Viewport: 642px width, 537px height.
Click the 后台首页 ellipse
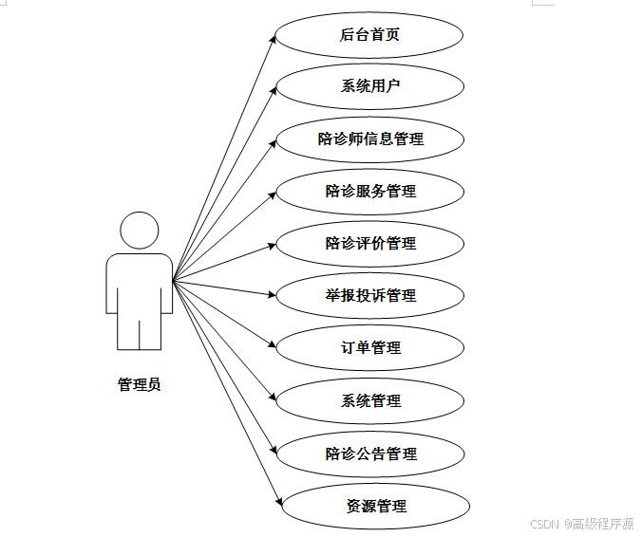369,35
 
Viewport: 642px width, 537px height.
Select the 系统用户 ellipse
369,87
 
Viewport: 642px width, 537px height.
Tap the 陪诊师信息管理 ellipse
369,139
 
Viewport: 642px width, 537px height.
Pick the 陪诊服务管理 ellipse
369,192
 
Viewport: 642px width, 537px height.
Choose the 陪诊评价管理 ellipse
369,244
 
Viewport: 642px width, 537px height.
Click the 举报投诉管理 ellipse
369,296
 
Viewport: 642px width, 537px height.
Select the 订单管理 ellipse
369,348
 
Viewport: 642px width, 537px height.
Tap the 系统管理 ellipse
369,401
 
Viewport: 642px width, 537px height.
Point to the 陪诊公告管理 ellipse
369,454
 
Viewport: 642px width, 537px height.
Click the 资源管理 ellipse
376,506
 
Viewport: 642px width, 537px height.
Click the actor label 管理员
139,384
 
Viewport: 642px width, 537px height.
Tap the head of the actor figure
139,231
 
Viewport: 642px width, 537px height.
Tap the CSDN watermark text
581,523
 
